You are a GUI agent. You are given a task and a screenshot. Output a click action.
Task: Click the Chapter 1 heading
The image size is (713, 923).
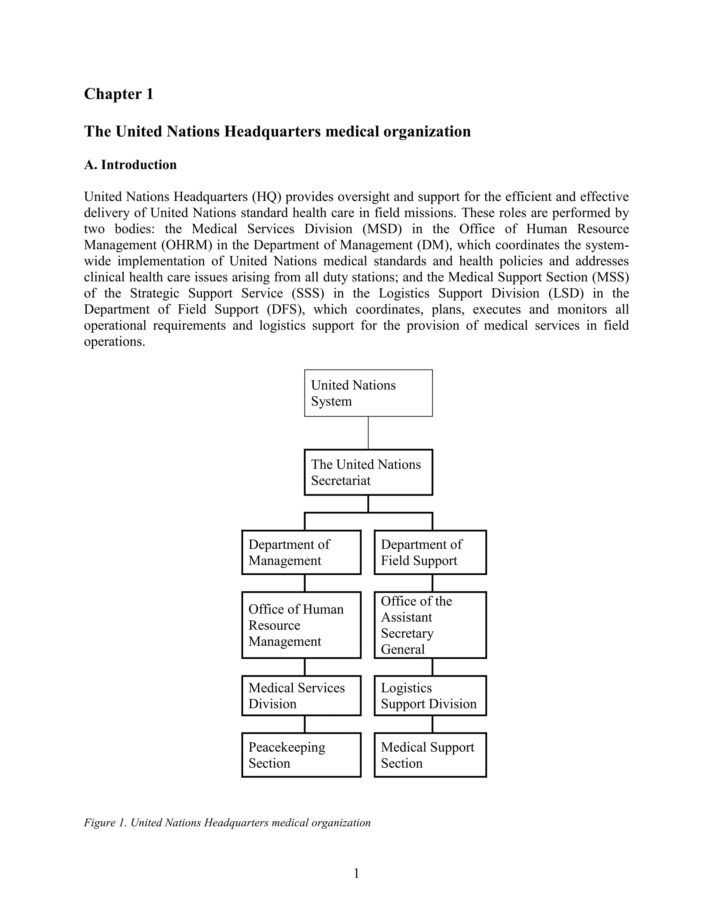(x=119, y=94)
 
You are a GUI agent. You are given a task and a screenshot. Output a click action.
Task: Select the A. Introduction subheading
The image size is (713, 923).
(x=130, y=165)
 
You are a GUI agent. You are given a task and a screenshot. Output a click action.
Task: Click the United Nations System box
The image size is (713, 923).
(x=368, y=393)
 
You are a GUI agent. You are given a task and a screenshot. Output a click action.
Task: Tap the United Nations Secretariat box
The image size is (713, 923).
(x=368, y=472)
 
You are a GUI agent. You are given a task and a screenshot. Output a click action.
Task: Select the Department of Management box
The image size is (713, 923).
(x=301, y=552)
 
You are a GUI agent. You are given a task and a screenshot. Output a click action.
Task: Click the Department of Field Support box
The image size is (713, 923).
(x=430, y=552)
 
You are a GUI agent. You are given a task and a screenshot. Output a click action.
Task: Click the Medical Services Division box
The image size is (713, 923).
(x=301, y=695)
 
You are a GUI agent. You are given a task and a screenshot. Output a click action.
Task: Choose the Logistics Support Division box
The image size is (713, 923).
(x=430, y=695)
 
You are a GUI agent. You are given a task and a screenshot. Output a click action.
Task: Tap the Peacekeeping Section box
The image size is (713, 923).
(x=301, y=755)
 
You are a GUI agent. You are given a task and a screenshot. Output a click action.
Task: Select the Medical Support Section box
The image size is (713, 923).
(x=430, y=755)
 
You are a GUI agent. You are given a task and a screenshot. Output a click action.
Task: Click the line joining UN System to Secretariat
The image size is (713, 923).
(x=368, y=433)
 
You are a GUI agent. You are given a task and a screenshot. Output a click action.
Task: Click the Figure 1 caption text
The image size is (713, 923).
(x=227, y=823)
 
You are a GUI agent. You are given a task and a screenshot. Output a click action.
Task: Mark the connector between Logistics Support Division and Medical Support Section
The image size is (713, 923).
(x=432, y=724)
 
